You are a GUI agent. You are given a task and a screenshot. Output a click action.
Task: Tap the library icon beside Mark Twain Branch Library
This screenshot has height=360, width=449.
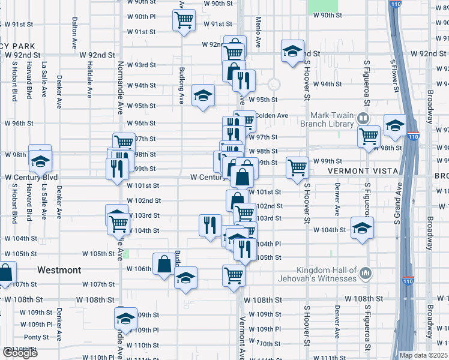[363, 118]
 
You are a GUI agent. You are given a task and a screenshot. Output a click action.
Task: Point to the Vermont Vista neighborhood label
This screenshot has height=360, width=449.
[363, 171]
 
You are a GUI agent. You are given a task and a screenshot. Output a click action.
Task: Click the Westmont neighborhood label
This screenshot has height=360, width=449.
[59, 270]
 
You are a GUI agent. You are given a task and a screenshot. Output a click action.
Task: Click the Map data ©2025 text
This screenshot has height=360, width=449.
[423, 355]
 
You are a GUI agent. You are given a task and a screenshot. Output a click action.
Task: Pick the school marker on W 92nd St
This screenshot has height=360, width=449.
[292, 52]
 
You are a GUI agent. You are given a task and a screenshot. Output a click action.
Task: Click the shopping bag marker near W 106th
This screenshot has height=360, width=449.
[164, 264]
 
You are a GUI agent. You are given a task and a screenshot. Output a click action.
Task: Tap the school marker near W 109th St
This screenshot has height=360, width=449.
[126, 318]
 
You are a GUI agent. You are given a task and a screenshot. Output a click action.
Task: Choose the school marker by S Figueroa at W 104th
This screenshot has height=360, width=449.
[362, 228]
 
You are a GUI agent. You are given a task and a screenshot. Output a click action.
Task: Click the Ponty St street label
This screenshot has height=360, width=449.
[37, 337]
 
